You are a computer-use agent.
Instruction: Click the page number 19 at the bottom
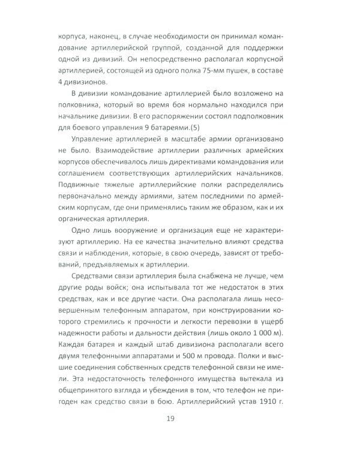[x=179, y=418]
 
